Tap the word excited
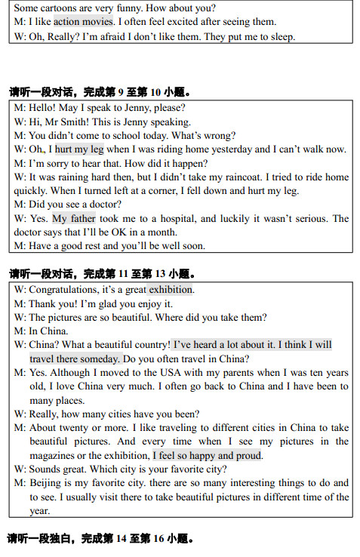(x=192, y=22)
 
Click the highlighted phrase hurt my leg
(x=79, y=149)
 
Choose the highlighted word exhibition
(x=171, y=290)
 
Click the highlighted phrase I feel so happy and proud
(x=208, y=455)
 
